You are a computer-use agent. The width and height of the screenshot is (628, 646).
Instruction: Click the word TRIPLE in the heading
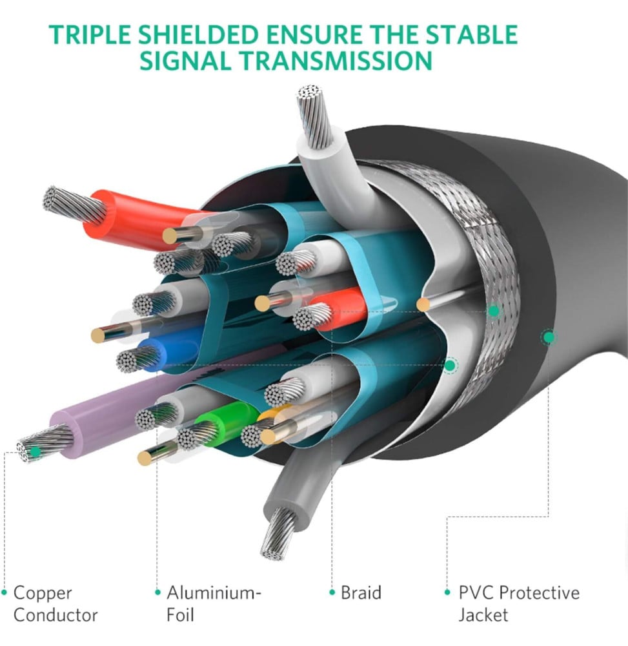[90, 35]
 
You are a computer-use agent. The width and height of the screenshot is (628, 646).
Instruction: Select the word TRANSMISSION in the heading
[336, 61]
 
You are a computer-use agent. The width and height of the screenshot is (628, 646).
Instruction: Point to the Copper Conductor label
[55, 604]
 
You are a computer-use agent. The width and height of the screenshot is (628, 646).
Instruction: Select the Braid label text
[361, 593]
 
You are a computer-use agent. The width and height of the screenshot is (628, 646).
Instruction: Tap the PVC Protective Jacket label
[519, 604]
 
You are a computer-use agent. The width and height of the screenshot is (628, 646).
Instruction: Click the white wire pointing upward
[329, 165]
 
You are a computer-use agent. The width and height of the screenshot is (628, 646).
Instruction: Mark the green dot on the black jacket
[549, 338]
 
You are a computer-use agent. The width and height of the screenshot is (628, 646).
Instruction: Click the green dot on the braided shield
[494, 311]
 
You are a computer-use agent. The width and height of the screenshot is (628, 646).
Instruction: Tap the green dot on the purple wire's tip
[35, 452]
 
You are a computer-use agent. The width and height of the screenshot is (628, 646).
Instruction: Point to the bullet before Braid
[332, 592]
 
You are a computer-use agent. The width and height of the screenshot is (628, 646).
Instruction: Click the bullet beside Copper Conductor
[5, 592]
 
